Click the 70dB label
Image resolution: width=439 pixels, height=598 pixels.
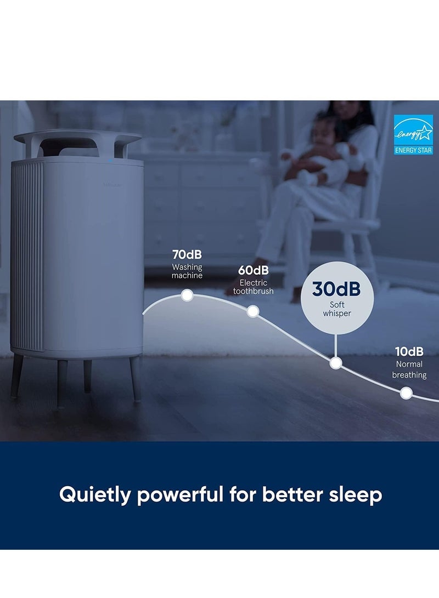[x=187, y=254]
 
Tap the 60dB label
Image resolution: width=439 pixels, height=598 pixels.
[x=253, y=270]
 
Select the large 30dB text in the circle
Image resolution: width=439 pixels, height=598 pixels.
[x=336, y=289]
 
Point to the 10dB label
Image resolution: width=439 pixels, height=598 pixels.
[x=409, y=351]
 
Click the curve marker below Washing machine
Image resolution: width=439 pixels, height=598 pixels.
[x=187, y=295]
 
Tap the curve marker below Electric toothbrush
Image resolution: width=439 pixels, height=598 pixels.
[x=253, y=311]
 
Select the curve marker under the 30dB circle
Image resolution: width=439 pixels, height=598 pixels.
[x=335, y=363]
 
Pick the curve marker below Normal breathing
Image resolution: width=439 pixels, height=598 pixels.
[x=406, y=393]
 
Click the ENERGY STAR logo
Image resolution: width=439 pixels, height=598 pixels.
[x=413, y=135]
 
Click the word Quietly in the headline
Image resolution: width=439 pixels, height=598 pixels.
[x=95, y=495]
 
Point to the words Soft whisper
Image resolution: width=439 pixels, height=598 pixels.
[x=337, y=309]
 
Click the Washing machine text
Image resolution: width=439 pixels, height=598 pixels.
[x=187, y=271]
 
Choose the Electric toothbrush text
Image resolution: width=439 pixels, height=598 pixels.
[x=254, y=287]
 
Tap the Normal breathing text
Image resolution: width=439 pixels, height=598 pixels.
[x=409, y=369]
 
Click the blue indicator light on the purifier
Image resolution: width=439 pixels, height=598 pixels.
[x=110, y=160]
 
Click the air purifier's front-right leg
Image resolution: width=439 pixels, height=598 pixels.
[x=136, y=379]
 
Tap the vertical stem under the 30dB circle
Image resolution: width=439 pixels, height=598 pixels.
[x=335, y=346]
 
